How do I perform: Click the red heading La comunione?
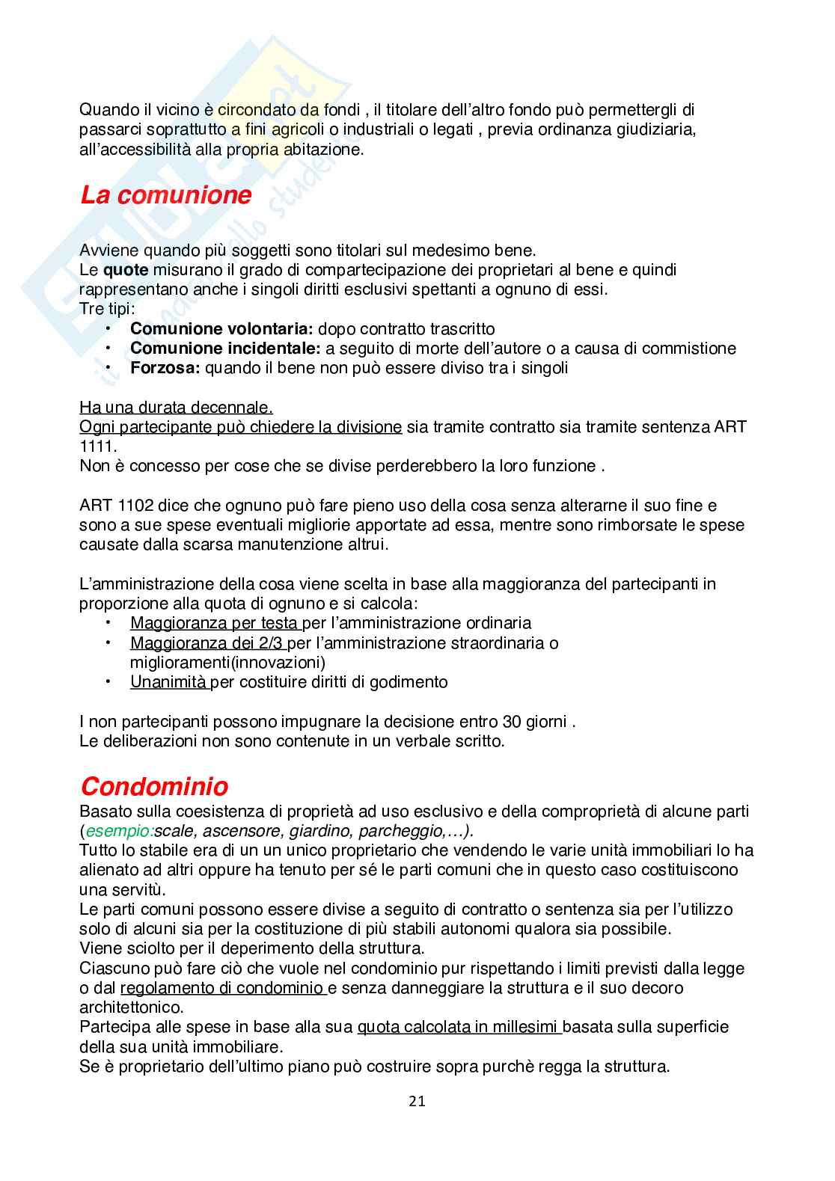point(165,196)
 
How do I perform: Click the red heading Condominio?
point(154,787)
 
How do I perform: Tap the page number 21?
point(417,1101)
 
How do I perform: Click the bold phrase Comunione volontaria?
point(221,329)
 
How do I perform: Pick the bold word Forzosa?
point(165,368)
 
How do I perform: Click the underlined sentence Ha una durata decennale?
point(176,408)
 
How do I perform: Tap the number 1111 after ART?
point(96,447)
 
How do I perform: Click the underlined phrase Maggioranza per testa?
point(214,623)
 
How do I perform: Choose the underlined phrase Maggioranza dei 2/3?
point(207,643)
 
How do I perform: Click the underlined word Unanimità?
point(168,682)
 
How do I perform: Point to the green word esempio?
point(118,831)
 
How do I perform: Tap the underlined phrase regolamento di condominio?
point(221,988)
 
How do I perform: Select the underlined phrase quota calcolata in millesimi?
point(459,1028)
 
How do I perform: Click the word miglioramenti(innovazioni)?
point(227,663)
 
